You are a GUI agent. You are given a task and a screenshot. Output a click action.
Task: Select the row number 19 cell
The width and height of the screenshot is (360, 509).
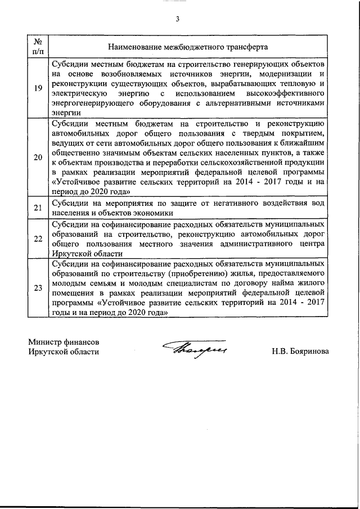38,88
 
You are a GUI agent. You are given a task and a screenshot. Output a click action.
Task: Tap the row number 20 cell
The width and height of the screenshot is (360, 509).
38,157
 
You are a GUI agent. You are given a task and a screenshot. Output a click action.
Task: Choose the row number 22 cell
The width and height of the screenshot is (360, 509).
38,238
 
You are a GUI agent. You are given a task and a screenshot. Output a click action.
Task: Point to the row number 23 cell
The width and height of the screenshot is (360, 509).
38,289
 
